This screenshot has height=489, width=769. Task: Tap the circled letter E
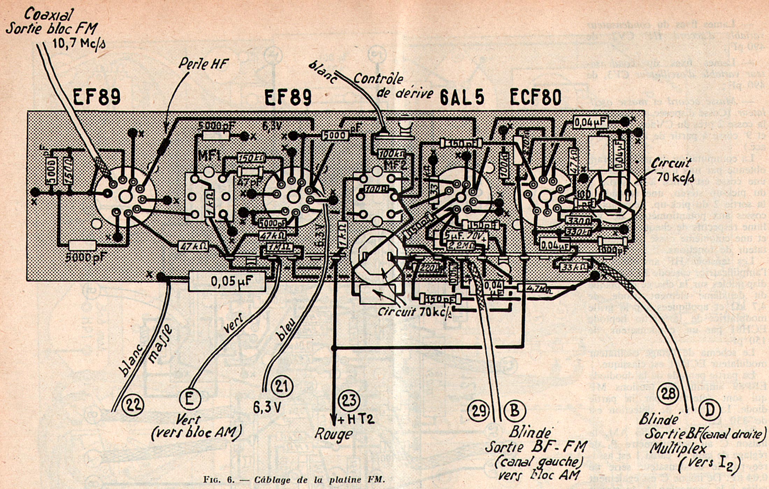tap(190, 399)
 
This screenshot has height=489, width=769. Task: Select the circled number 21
tap(282, 386)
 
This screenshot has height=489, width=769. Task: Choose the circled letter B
tap(515, 410)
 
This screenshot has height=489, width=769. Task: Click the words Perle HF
tap(203, 64)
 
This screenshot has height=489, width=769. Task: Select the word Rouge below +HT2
tap(333, 434)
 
